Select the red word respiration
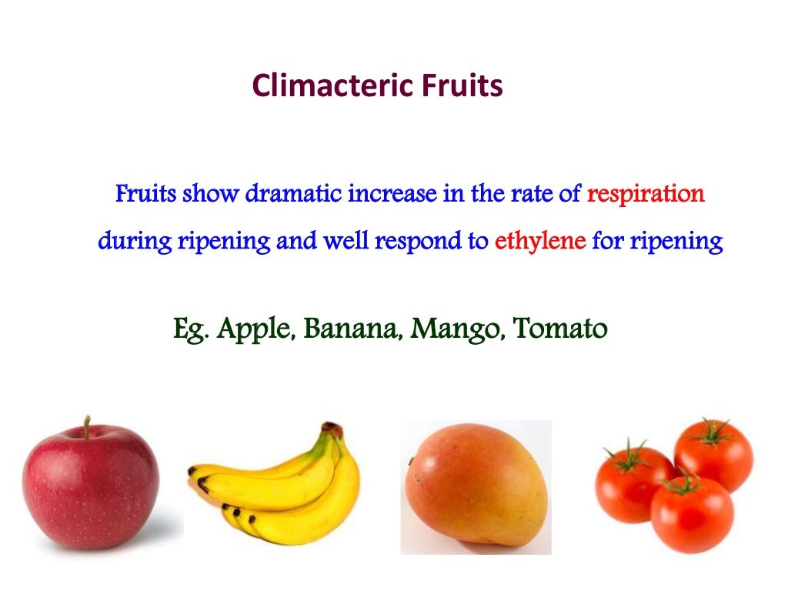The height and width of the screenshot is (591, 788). tap(646, 194)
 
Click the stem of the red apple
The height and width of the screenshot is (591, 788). tap(88, 427)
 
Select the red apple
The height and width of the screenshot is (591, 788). tap(90, 484)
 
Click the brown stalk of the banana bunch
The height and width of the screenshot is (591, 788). tap(332, 430)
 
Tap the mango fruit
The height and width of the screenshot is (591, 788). tap(476, 485)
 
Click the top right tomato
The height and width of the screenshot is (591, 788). tap(713, 454)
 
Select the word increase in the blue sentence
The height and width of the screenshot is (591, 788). tap(392, 194)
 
